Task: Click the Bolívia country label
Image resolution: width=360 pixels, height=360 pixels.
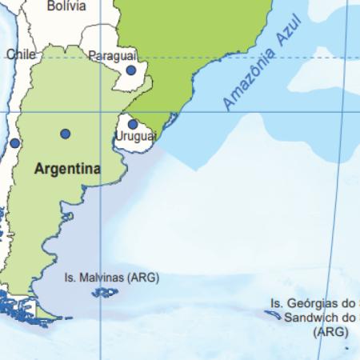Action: point(66,6)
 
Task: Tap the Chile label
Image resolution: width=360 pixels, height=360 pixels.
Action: point(22,54)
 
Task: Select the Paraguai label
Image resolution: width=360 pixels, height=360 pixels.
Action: point(112,55)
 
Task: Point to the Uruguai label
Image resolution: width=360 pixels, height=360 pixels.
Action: point(135,137)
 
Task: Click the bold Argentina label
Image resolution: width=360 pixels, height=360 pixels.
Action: point(67,169)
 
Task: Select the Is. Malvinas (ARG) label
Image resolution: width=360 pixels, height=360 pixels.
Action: point(111,278)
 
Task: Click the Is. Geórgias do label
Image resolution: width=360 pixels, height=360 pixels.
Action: point(312,303)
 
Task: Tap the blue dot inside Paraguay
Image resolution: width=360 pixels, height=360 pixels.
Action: point(131,70)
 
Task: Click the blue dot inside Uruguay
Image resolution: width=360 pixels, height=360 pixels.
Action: point(133,124)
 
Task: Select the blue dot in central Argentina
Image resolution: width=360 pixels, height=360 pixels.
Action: point(65,134)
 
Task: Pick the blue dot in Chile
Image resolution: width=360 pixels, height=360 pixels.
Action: point(14,143)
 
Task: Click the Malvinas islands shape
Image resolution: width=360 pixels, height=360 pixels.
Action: point(104,293)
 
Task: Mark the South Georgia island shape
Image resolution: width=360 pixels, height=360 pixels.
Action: point(273,315)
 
